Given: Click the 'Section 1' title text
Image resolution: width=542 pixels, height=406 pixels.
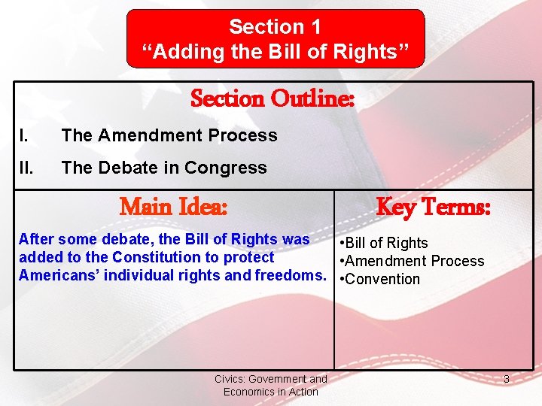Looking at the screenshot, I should pyautogui.click(x=275, y=27).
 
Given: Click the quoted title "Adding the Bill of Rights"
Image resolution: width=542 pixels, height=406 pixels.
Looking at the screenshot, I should pyautogui.click(x=276, y=52).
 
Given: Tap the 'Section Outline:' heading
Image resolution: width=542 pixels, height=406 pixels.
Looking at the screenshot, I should pyautogui.click(x=272, y=98).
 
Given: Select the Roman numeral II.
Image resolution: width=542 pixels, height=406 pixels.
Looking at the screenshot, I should pyautogui.click(x=26, y=168).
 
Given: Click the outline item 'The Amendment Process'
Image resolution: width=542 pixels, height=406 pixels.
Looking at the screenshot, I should pyautogui.click(x=169, y=136).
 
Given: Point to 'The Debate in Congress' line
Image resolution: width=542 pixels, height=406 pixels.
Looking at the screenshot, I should pyautogui.click(x=164, y=168).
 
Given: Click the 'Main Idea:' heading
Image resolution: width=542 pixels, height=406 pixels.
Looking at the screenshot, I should pyautogui.click(x=174, y=206).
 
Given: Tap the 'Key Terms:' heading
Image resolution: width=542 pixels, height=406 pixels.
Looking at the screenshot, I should pyautogui.click(x=433, y=206).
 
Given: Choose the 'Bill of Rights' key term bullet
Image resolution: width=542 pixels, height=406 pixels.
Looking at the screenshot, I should pyautogui.click(x=385, y=243).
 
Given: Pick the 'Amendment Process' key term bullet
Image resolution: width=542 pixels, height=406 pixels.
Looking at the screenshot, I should pyautogui.click(x=413, y=261).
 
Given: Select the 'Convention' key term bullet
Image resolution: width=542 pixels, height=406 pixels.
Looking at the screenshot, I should pyautogui.click(x=381, y=279).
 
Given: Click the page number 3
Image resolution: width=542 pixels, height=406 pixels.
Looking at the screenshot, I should pyautogui.click(x=507, y=380).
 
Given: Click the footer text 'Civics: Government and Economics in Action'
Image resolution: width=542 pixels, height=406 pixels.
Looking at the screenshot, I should pyautogui.click(x=271, y=385).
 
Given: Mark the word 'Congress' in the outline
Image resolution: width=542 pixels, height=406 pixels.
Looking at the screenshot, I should pyautogui.click(x=233, y=168).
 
